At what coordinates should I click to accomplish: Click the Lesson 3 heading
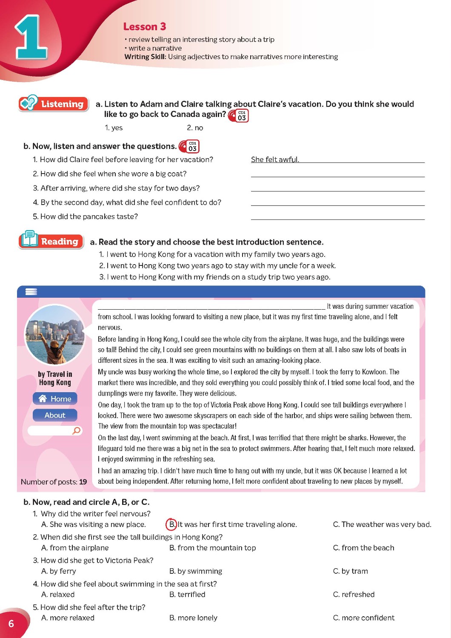(144, 27)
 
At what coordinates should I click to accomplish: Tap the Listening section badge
(54, 104)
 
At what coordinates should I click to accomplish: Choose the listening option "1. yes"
(114, 128)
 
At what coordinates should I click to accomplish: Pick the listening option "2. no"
(195, 128)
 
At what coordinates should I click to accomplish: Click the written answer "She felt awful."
(275, 159)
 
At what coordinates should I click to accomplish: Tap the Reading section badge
(51, 241)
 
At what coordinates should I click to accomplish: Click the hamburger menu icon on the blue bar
(31, 292)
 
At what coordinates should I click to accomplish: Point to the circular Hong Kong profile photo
(54, 335)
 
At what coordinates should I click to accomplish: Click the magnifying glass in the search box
(77, 430)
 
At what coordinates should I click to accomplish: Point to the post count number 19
(83, 482)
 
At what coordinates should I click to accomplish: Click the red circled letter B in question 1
(171, 524)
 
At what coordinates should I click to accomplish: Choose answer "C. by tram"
(350, 571)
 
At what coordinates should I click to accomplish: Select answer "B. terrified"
(187, 594)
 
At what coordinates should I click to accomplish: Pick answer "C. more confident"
(363, 618)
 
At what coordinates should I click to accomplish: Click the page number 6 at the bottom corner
(11, 624)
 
